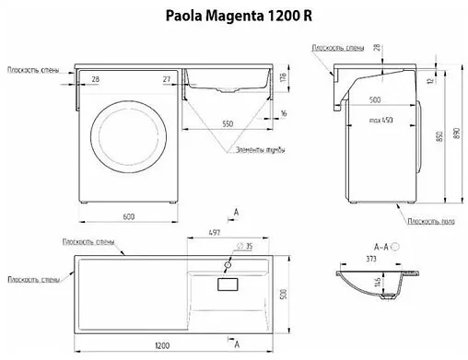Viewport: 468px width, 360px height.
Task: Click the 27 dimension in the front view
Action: [x=166, y=79]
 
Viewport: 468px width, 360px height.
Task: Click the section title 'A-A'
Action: [x=380, y=246]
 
